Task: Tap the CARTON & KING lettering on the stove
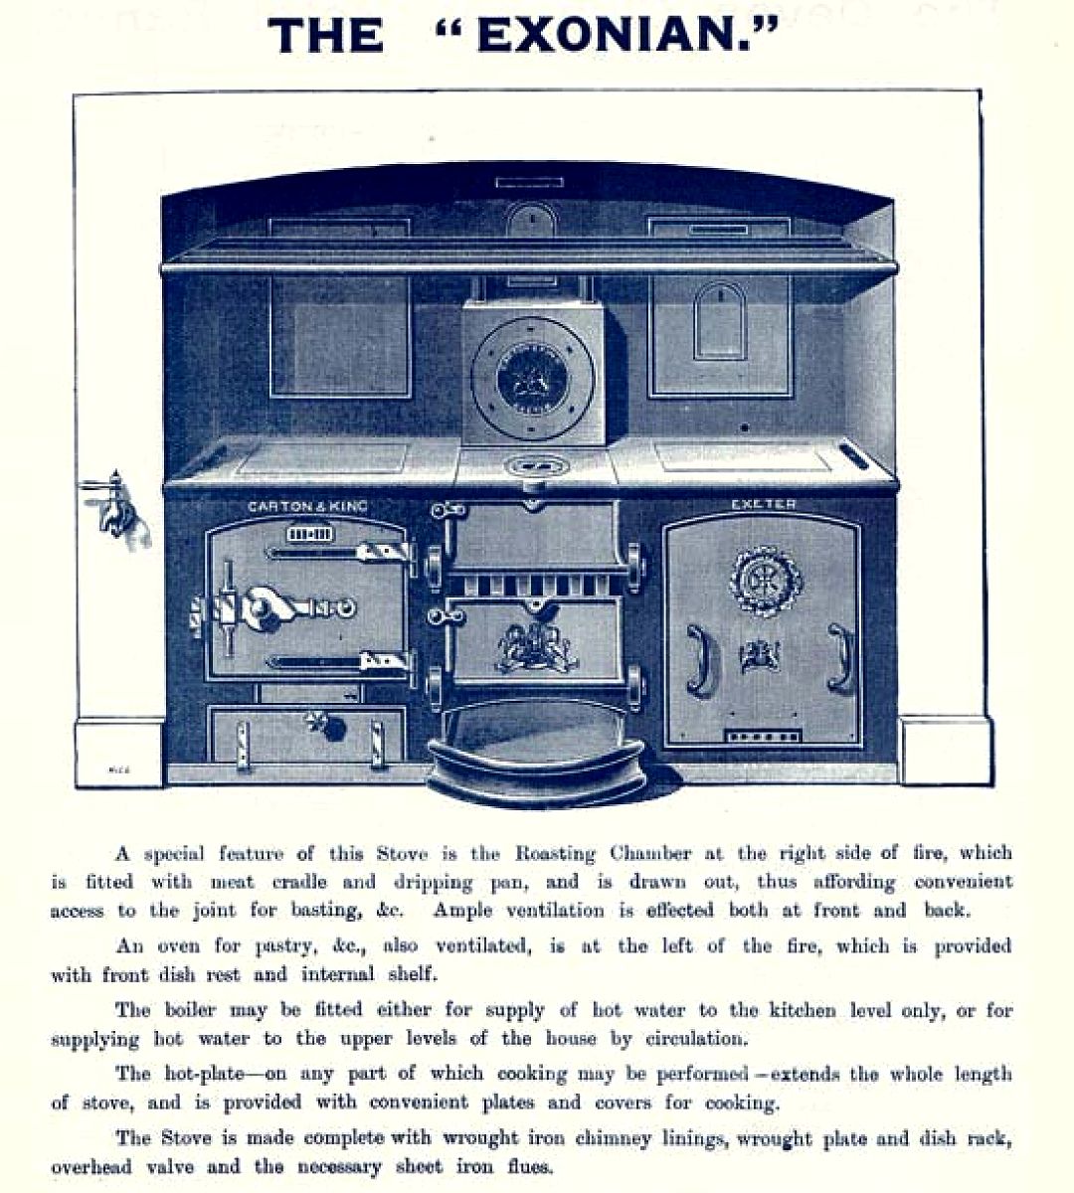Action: (307, 507)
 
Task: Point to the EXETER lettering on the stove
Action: (764, 504)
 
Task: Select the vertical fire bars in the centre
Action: (537, 587)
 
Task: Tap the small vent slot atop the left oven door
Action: (310, 534)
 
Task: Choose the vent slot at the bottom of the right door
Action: (763, 737)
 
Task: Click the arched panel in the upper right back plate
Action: (719, 321)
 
